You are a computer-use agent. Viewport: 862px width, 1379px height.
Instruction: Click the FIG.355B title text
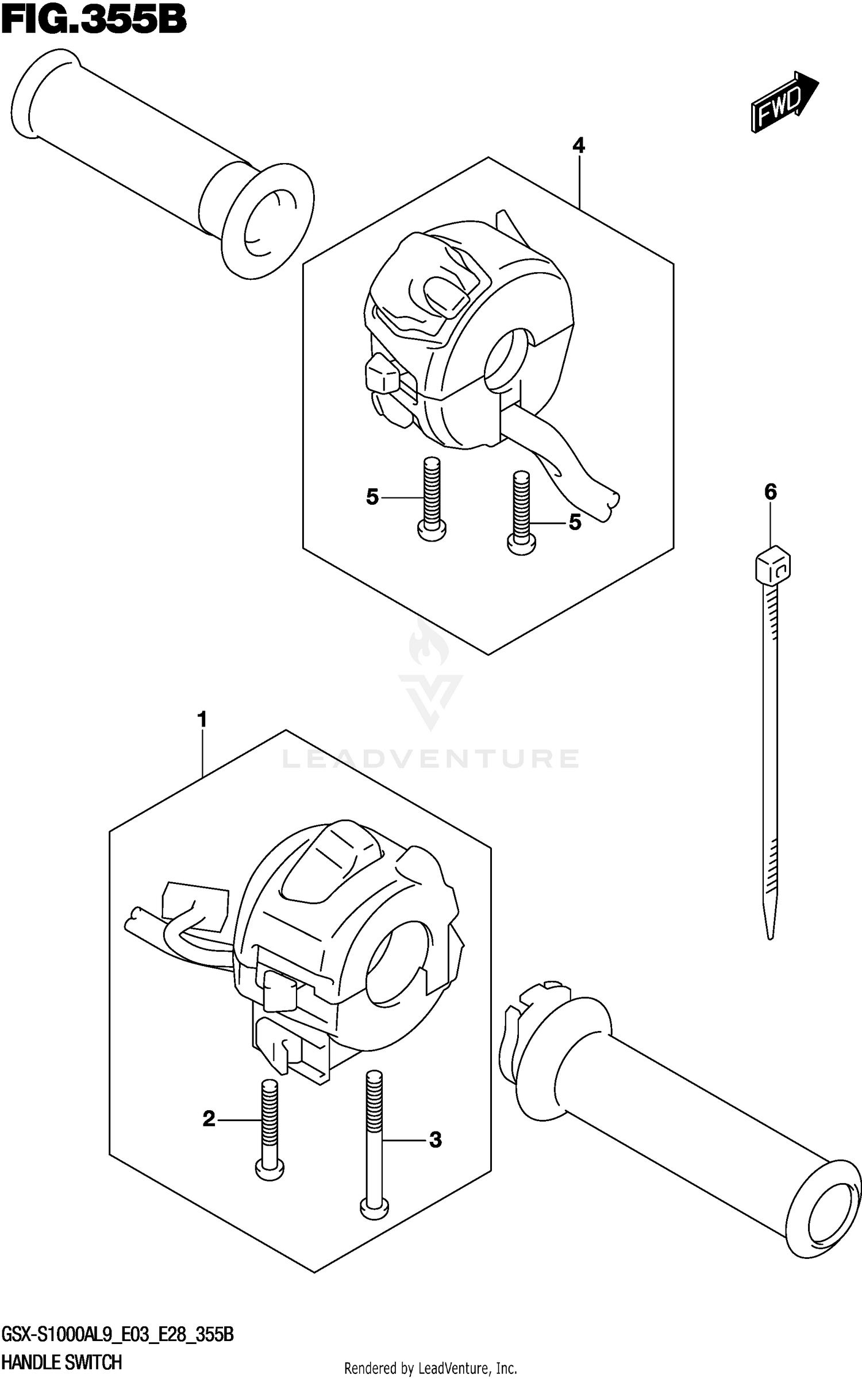pos(94,22)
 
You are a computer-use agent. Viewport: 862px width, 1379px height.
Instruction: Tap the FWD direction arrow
pos(783,102)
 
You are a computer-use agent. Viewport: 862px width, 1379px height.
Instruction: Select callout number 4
pos(578,146)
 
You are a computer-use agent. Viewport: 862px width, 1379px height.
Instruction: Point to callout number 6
pos(770,492)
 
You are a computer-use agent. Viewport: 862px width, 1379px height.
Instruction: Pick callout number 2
pos(209,1118)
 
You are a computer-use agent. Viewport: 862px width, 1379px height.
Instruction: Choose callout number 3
pos(436,1139)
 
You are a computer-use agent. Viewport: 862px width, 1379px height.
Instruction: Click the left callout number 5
pos(372,497)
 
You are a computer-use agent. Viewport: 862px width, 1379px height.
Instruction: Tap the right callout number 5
pos(575,523)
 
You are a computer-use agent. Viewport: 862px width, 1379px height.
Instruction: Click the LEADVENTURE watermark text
pos(430,758)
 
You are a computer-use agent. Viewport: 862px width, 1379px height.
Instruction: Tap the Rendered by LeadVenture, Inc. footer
pos(430,1368)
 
